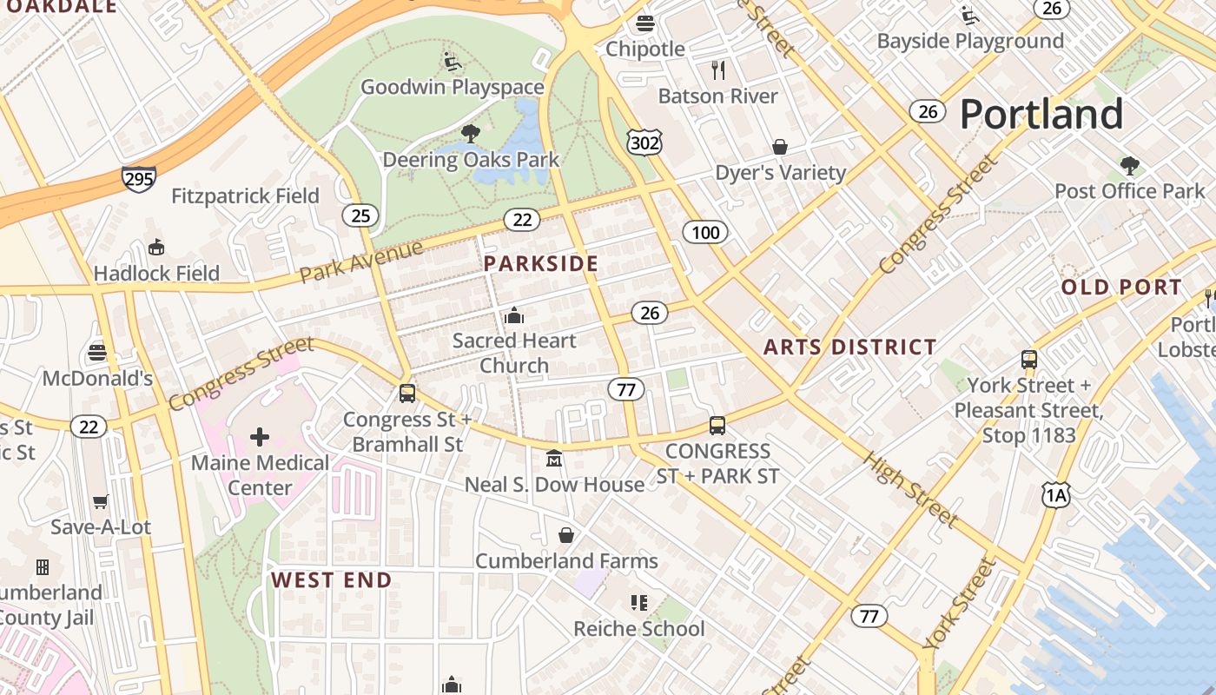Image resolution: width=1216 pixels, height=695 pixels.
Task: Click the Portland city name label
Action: tap(1041, 115)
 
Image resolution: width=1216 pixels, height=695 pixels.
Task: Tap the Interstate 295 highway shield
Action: tap(139, 180)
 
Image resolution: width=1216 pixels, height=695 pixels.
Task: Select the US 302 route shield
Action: tap(644, 142)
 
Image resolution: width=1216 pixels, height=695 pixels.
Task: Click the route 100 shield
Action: tap(705, 232)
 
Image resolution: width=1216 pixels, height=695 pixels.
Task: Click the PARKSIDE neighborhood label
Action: tap(541, 264)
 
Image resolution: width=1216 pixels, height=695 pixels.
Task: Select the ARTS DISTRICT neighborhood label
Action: tap(849, 347)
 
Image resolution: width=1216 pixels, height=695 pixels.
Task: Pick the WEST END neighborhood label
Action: tap(332, 580)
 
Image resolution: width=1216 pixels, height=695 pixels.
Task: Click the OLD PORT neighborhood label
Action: tap(1121, 288)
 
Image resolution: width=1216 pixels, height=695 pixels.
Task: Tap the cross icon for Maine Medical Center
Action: tap(260, 437)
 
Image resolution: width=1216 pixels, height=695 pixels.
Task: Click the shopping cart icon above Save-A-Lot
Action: tap(101, 502)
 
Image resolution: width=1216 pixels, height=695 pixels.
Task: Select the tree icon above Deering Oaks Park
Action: tap(471, 134)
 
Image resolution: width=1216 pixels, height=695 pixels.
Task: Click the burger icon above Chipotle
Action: tap(644, 23)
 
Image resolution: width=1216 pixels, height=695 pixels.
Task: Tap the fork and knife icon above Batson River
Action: tap(717, 70)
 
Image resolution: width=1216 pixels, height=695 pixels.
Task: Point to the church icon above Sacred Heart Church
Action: tap(514, 314)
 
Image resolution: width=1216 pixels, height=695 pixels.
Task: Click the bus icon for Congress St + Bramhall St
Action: tap(406, 394)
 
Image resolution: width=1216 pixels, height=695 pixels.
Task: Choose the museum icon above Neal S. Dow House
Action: tap(553, 458)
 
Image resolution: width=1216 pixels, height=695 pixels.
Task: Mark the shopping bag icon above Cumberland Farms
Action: tap(566, 535)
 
